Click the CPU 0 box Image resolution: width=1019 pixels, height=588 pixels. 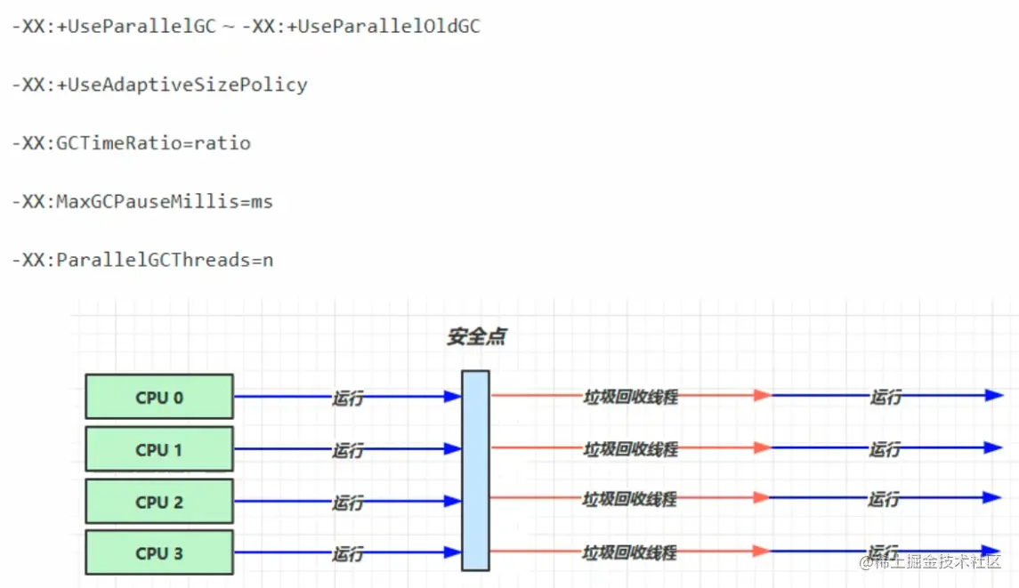tap(159, 397)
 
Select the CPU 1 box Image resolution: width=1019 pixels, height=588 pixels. tap(159, 449)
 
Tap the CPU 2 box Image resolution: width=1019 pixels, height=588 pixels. tap(159, 501)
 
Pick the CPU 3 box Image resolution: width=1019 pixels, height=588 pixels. tap(159, 552)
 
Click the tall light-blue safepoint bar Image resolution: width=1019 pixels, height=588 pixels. tap(475, 470)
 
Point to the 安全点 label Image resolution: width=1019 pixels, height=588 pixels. tap(477, 337)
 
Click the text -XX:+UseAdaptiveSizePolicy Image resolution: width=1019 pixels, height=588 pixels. tap(159, 85)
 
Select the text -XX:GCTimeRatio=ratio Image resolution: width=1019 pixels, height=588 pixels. tap(131, 143)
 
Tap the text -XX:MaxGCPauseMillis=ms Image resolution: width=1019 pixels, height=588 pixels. tap(142, 202)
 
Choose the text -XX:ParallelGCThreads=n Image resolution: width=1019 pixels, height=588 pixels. tap(142, 261)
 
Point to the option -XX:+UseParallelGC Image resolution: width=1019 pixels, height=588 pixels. tap(114, 27)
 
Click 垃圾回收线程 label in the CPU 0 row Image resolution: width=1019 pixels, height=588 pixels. tap(630, 397)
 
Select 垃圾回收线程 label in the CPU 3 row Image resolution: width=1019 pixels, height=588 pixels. tap(630, 552)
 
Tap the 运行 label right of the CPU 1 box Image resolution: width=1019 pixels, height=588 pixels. tap(348, 450)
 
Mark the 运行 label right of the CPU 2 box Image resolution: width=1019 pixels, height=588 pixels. tap(348, 502)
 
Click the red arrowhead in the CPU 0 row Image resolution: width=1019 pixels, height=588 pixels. tap(761, 396)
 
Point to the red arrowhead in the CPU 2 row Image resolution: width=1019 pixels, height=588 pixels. tap(761, 498)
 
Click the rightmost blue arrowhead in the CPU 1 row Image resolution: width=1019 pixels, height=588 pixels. tap(994, 447)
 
